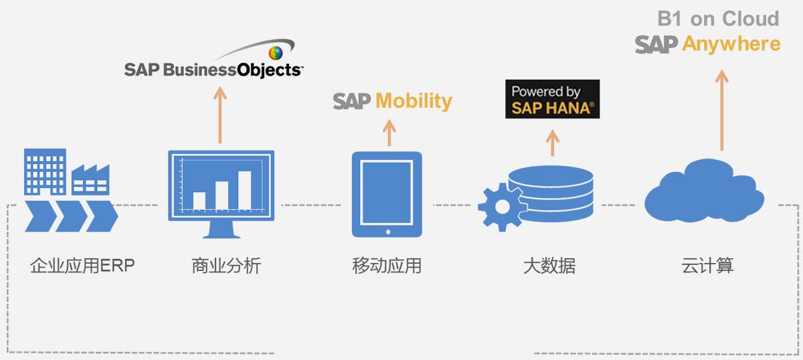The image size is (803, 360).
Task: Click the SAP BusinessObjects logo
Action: point(213,68)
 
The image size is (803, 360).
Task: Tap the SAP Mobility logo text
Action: point(393,101)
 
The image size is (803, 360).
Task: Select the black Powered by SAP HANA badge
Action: point(552,99)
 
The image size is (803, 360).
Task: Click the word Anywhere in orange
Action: point(731,44)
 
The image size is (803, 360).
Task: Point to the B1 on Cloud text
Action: point(718,19)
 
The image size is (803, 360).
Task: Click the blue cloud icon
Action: point(704,192)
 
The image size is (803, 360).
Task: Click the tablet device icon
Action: point(387,194)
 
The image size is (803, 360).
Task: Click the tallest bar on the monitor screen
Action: point(244,191)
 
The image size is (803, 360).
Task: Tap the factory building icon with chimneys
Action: point(90,179)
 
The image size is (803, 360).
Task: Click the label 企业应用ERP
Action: point(82,266)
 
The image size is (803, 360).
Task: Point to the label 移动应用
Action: point(386,266)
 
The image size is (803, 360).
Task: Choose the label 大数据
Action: point(549,266)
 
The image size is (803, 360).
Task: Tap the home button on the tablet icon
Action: point(387,232)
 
